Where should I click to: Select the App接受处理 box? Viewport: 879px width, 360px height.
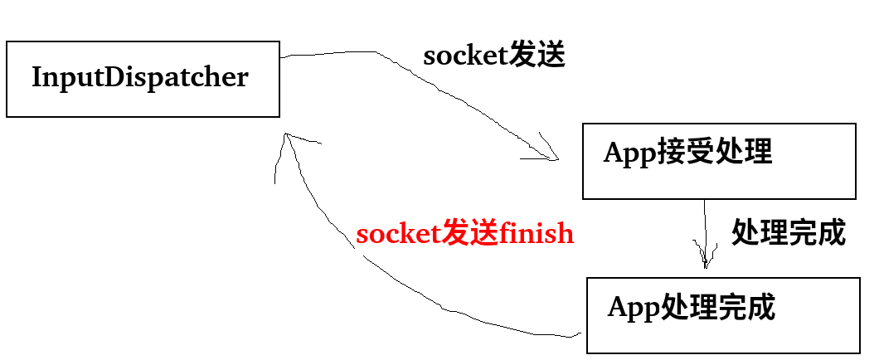719,161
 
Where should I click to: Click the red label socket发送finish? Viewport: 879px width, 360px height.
464,234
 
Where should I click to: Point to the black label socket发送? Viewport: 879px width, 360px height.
493,56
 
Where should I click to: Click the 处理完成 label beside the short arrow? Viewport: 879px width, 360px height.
788,233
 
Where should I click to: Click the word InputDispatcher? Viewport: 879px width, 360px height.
139,78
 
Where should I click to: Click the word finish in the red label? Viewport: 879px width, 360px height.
537,234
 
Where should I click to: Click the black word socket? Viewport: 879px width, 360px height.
464,56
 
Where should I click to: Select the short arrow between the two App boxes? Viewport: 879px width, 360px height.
705,232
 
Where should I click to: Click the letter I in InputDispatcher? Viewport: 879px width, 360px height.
36,78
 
